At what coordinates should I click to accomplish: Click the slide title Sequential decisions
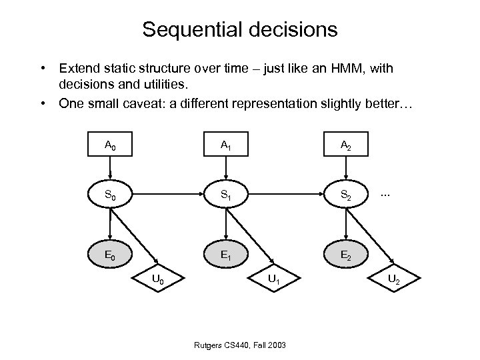[239, 30]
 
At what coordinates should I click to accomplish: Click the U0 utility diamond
[159, 279]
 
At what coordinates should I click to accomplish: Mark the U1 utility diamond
[274, 279]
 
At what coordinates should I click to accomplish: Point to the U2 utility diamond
[393, 279]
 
